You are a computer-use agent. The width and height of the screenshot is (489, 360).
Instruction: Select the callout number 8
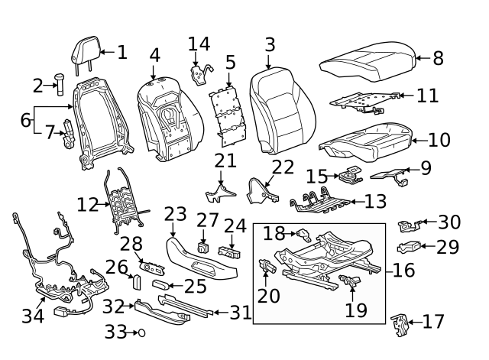438,58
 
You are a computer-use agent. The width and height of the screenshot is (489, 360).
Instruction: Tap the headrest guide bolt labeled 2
58,83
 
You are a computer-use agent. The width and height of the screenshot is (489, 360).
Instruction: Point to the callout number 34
32,316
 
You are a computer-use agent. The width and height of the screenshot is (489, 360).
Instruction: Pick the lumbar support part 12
122,203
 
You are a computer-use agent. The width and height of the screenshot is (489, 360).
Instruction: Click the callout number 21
225,161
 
